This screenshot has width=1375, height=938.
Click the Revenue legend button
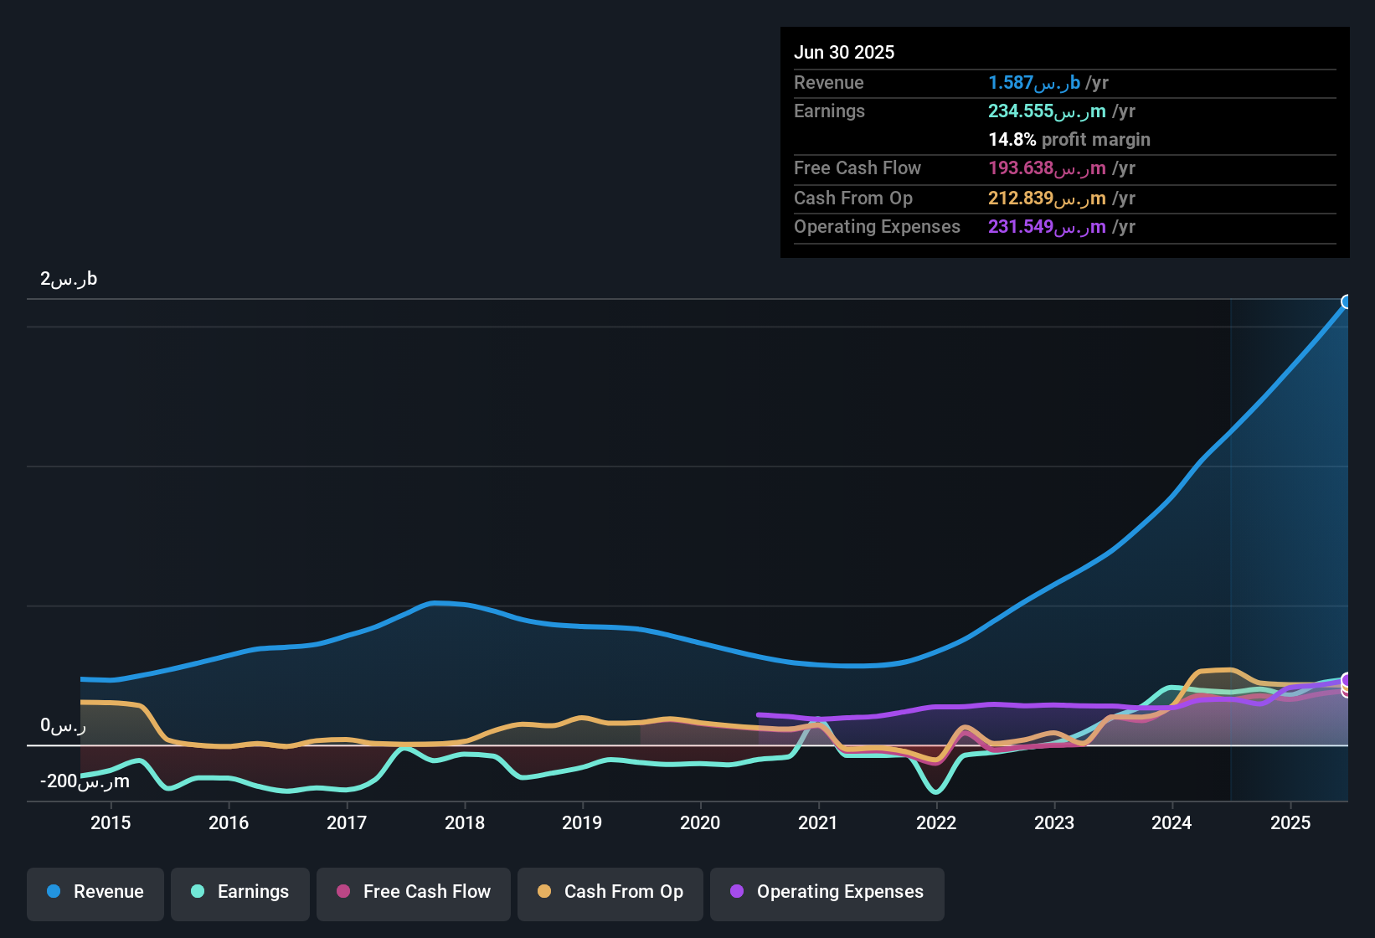pyautogui.click(x=95, y=892)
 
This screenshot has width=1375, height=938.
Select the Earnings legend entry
pyautogui.click(x=240, y=892)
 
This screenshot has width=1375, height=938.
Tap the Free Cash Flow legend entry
pyautogui.click(x=414, y=892)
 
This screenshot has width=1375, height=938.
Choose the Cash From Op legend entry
pyautogui.click(x=610, y=892)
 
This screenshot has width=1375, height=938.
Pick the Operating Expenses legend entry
pyautogui.click(x=827, y=892)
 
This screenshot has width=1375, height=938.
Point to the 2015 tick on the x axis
pyautogui.click(x=111, y=822)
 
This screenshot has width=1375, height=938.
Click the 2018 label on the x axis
pyautogui.click(x=465, y=822)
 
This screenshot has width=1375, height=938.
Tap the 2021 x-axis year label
pyautogui.click(x=818, y=822)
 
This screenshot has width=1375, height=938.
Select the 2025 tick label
pyautogui.click(x=1290, y=822)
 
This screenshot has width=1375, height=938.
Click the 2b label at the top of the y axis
pyautogui.click(x=69, y=279)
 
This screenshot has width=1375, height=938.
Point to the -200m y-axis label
pyautogui.click(x=85, y=781)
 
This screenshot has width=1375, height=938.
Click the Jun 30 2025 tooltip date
pyautogui.click(x=844, y=52)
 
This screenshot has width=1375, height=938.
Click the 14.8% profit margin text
pyautogui.click(x=1069, y=139)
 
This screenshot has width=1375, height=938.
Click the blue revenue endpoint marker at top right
pyautogui.click(x=1347, y=302)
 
